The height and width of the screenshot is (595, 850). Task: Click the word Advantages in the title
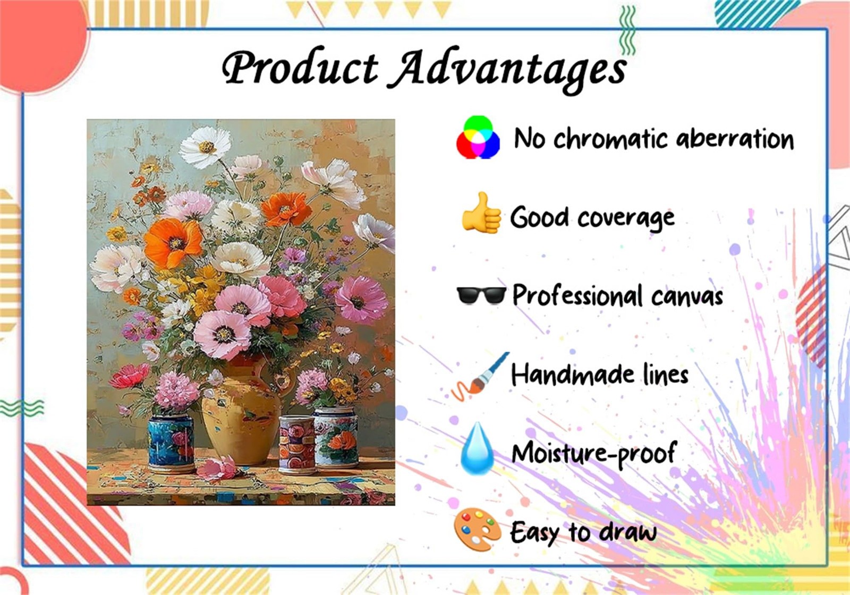point(507,70)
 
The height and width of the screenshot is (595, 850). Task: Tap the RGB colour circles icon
point(478,137)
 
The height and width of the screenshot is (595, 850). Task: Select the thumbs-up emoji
point(481,213)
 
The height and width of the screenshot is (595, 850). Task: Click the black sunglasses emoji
point(481,295)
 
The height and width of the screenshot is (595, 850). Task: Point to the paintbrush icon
point(480,376)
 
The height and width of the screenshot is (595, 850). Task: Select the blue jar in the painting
point(171,443)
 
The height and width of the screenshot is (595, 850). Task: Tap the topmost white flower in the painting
point(205,147)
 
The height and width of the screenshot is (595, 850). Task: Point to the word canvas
point(687,297)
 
